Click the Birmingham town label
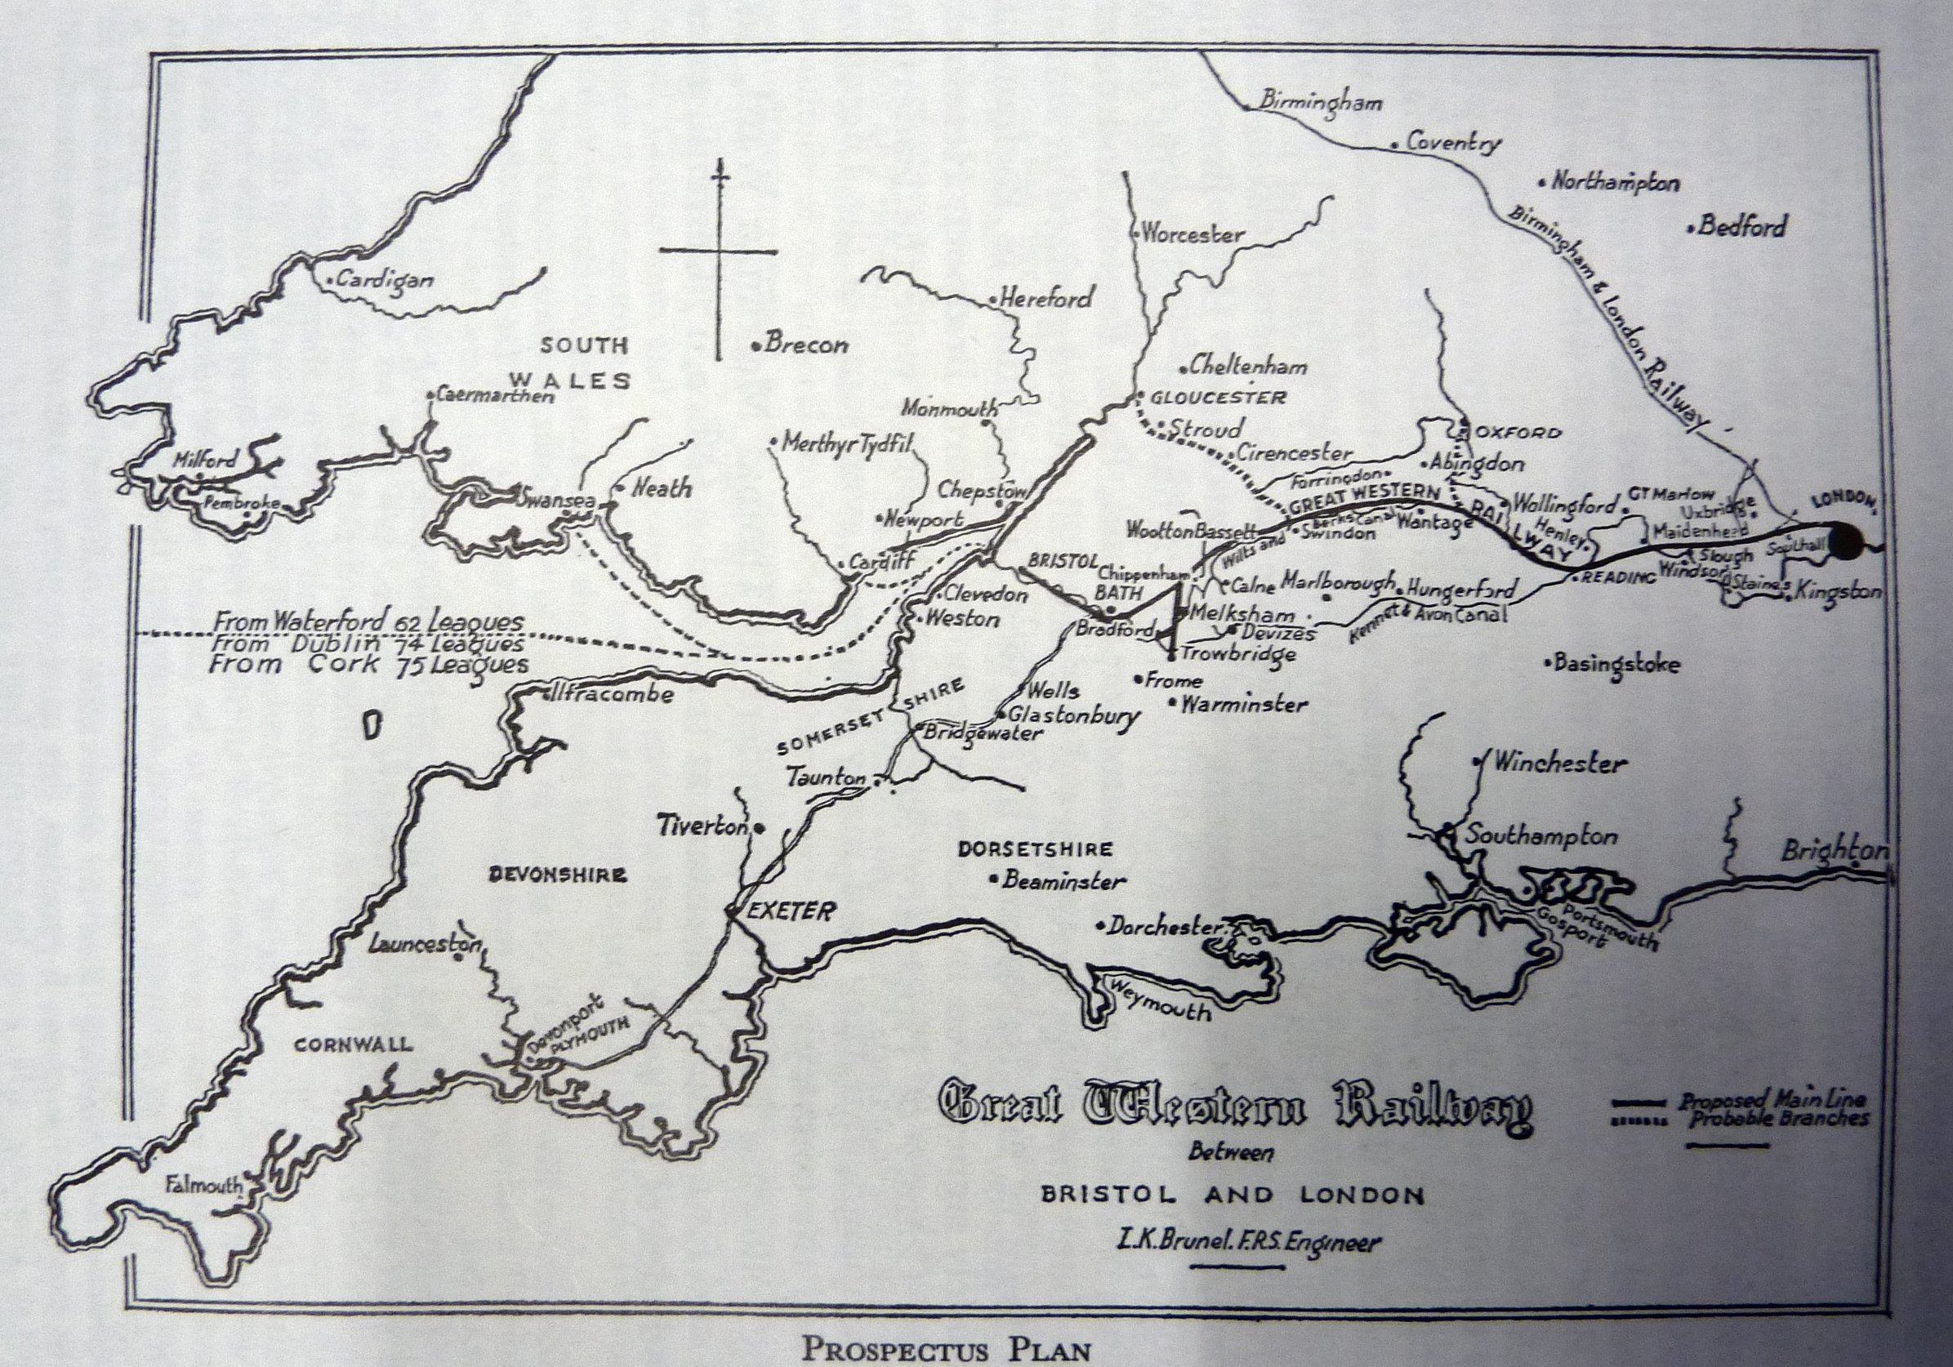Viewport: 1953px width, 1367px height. (1320, 101)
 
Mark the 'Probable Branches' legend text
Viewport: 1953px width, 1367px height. (1779, 1118)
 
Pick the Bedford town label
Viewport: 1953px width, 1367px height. (1742, 227)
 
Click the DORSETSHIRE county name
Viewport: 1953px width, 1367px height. (1033, 848)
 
